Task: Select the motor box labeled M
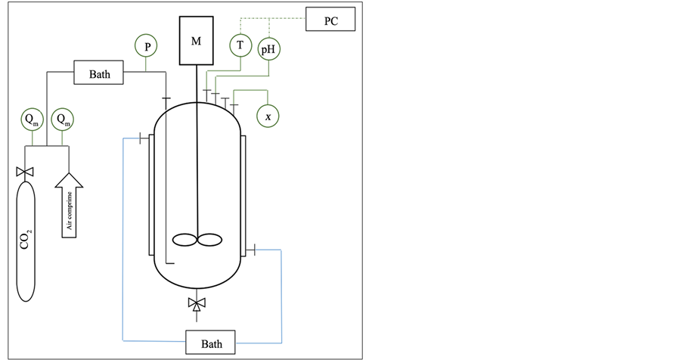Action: point(196,41)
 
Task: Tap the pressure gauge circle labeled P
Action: point(147,46)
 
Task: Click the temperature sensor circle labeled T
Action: point(240,45)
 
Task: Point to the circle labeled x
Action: point(268,116)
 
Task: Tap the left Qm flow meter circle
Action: point(33,119)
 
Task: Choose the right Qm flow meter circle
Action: point(63,119)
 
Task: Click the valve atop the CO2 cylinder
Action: point(26,173)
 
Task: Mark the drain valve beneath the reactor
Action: point(197,305)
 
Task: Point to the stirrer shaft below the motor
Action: point(197,151)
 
